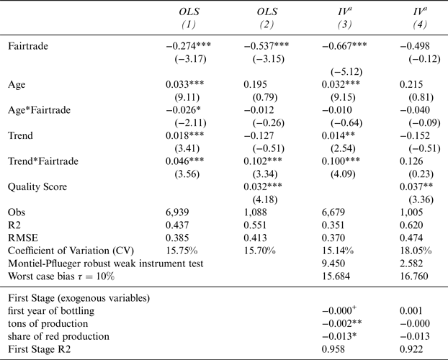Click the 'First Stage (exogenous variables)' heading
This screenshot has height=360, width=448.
click(x=76, y=297)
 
